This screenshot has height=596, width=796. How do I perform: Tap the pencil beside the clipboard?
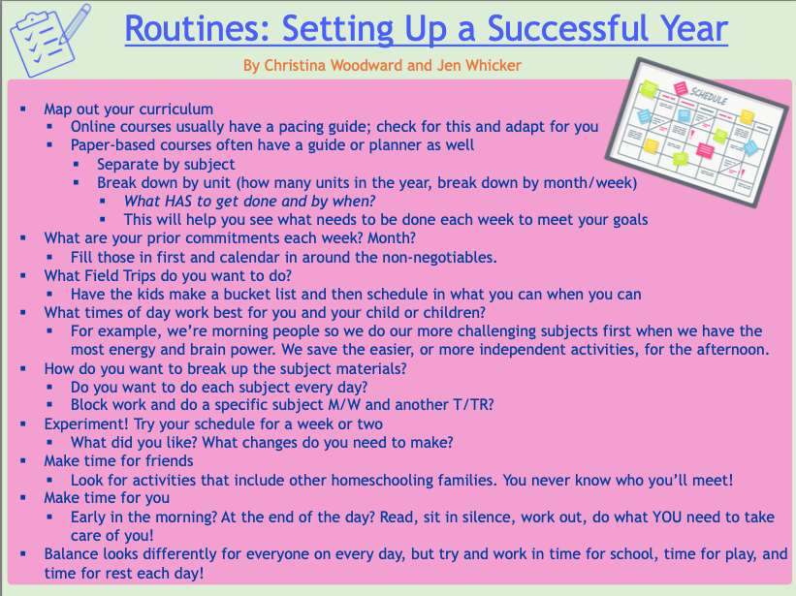coord(75,23)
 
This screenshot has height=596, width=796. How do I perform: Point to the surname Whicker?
coord(494,66)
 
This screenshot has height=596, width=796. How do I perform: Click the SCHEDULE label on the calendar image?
coord(708,95)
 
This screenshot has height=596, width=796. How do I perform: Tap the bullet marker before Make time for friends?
coord(23,461)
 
